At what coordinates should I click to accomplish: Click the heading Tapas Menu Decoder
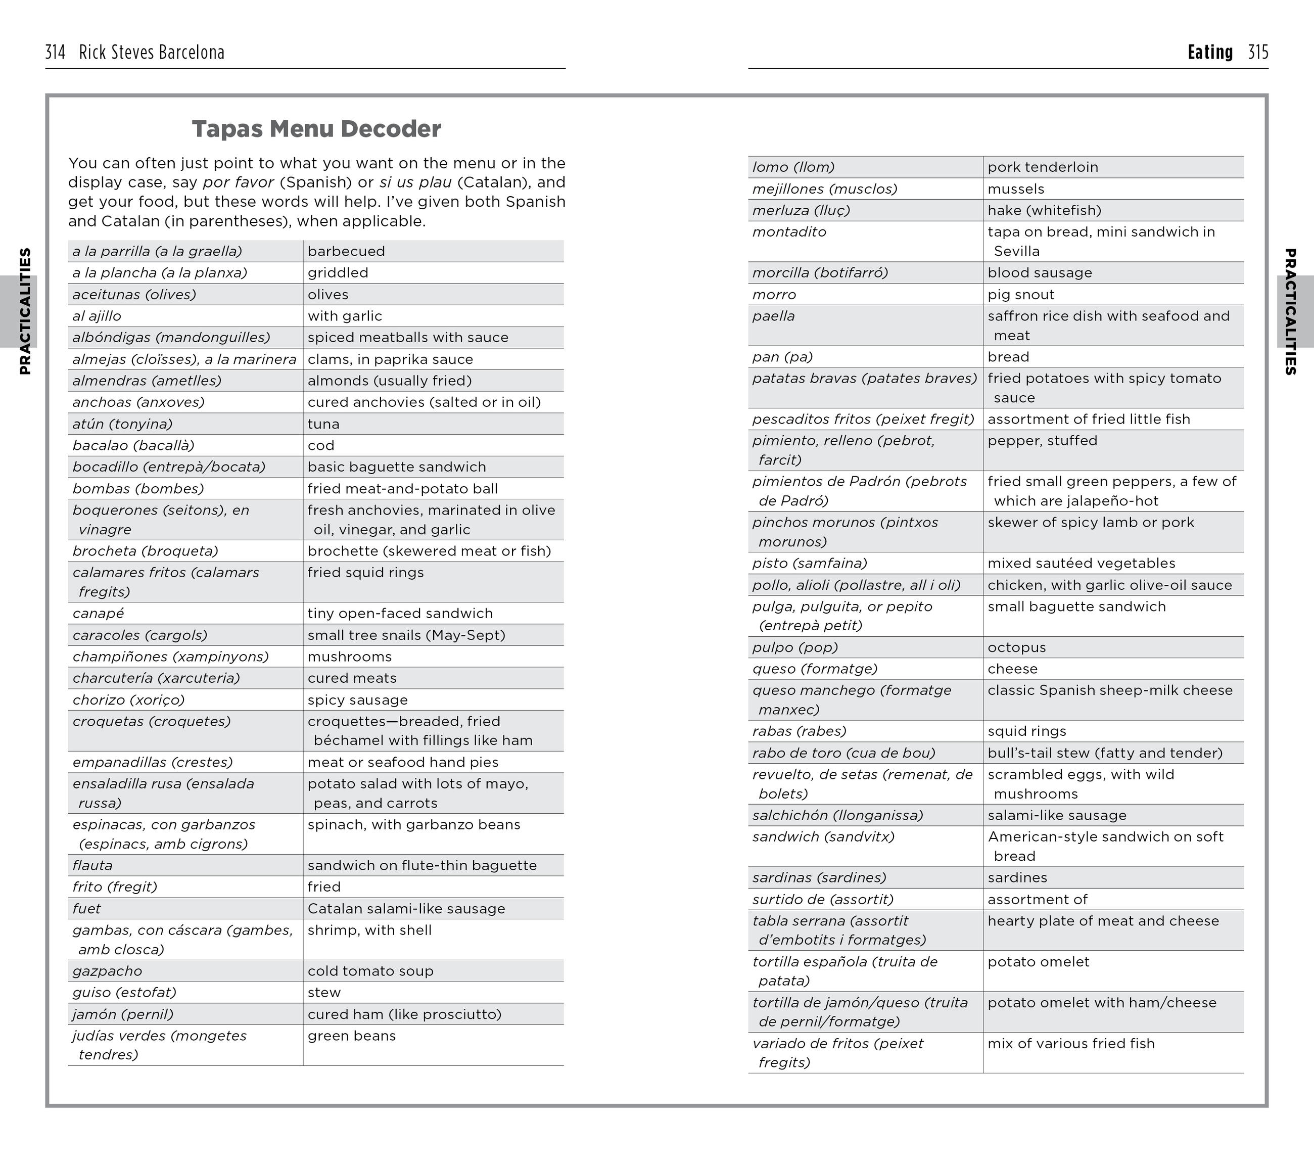point(316,129)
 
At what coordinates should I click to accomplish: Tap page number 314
point(55,53)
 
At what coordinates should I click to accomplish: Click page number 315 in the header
point(1257,53)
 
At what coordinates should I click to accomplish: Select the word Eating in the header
point(1210,53)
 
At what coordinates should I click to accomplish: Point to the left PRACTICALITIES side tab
point(24,311)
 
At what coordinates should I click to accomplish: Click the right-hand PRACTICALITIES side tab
point(1290,311)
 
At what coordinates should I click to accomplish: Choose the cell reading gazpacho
point(107,971)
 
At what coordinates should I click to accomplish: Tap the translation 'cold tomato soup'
point(370,971)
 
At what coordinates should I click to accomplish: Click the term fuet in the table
point(87,908)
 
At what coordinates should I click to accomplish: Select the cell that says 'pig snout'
point(1021,295)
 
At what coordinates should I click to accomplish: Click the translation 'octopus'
point(1016,647)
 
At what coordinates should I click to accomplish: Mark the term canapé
point(99,613)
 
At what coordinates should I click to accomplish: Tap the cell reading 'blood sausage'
point(1040,272)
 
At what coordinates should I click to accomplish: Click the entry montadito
point(789,232)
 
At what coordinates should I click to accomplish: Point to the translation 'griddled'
point(338,272)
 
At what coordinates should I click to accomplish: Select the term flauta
point(92,865)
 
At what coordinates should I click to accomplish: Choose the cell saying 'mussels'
point(1016,189)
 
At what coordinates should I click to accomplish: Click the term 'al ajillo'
point(97,315)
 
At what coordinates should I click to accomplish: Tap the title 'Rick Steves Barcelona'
point(152,53)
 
